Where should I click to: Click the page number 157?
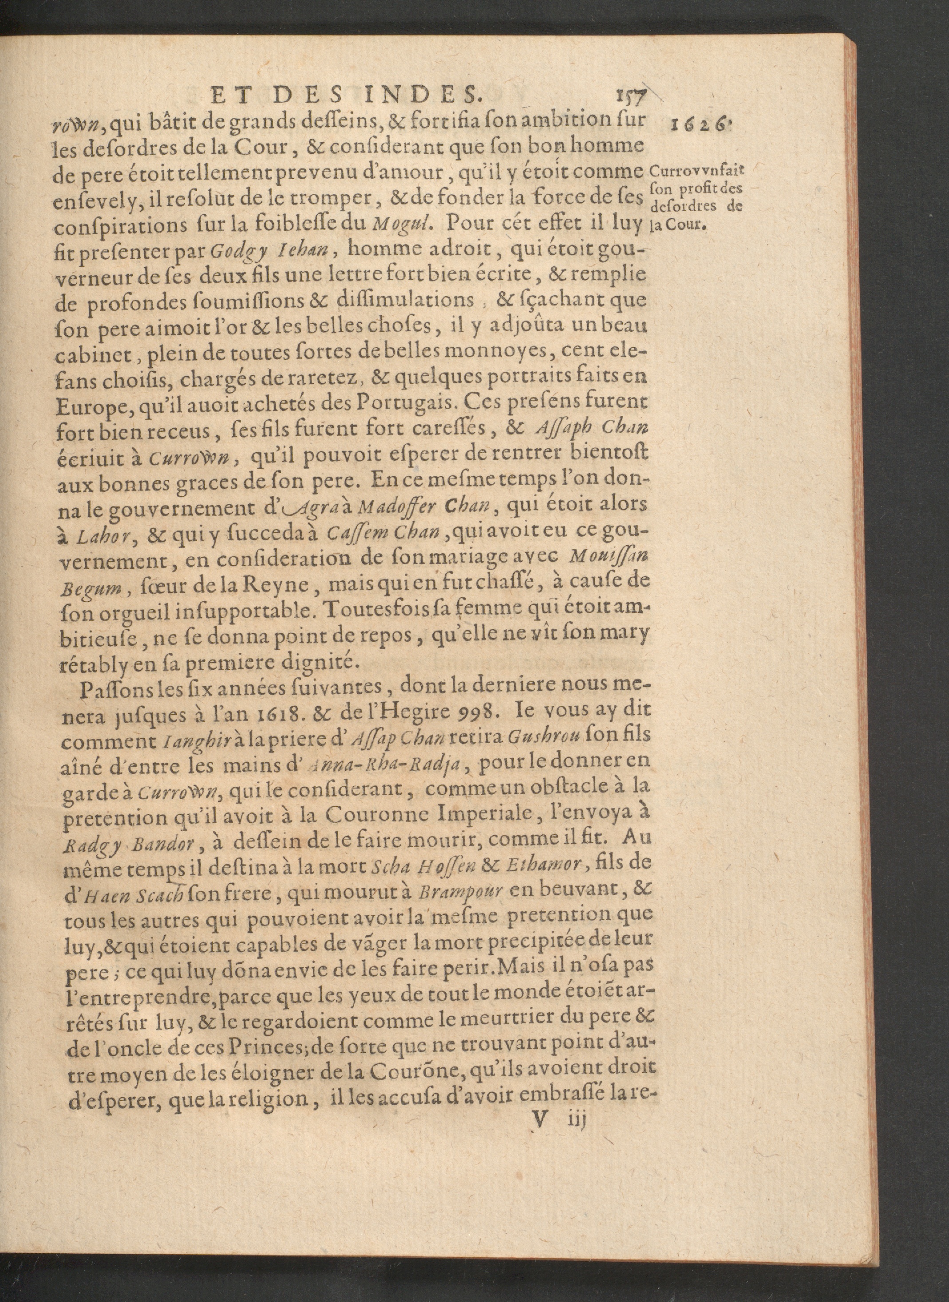630,94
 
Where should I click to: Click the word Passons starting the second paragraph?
117,689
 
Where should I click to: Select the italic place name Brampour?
460,891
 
